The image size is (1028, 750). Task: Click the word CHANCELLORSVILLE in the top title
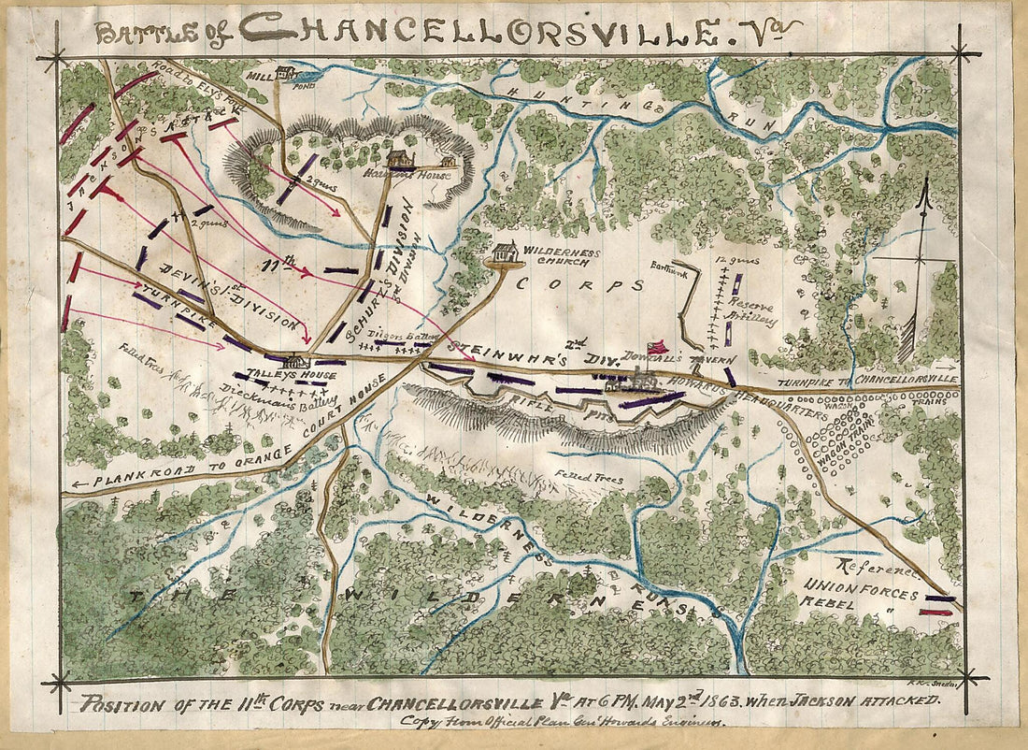point(467,30)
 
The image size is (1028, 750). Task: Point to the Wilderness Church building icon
point(505,252)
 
